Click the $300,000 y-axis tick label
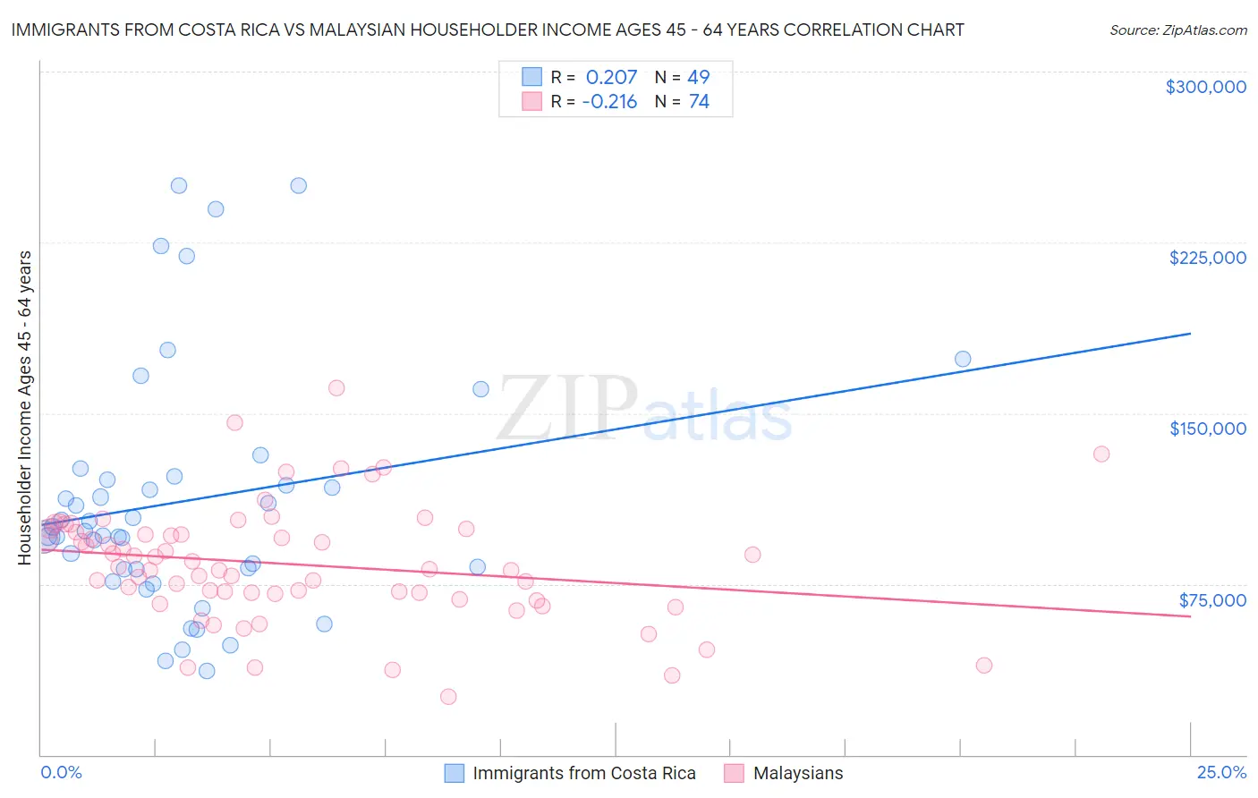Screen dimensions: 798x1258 pyautogui.click(x=1205, y=87)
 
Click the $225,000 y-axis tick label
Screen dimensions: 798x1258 pyautogui.click(x=1207, y=258)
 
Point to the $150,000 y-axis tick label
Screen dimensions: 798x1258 pyautogui.click(x=1207, y=429)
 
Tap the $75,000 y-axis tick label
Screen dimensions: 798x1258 pyautogui.click(x=1211, y=599)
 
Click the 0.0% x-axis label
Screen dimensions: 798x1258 pyautogui.click(x=61, y=773)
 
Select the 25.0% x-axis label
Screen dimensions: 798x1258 pyautogui.click(x=1221, y=773)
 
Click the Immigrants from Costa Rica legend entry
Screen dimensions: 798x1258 pyautogui.click(x=583, y=773)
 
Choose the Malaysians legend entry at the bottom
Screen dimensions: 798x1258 pyautogui.click(x=797, y=773)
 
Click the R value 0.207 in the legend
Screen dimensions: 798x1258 pyautogui.click(x=611, y=77)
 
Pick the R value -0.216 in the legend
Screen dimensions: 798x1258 pyautogui.click(x=608, y=102)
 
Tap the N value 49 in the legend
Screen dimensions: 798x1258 pyautogui.click(x=698, y=77)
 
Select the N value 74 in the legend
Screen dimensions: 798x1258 pyautogui.click(x=698, y=102)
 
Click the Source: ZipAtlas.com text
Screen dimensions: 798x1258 pyautogui.click(x=1177, y=30)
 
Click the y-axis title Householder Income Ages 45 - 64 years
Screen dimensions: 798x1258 pyautogui.click(x=25, y=407)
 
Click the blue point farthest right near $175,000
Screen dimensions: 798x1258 pyautogui.click(x=963, y=359)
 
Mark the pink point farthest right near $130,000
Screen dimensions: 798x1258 pyautogui.click(x=1101, y=454)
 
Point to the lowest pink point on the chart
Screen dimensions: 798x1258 pyautogui.click(x=448, y=697)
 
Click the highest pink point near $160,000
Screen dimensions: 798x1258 pyautogui.click(x=336, y=387)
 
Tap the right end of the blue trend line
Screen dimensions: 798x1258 pyautogui.click(x=1190, y=333)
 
